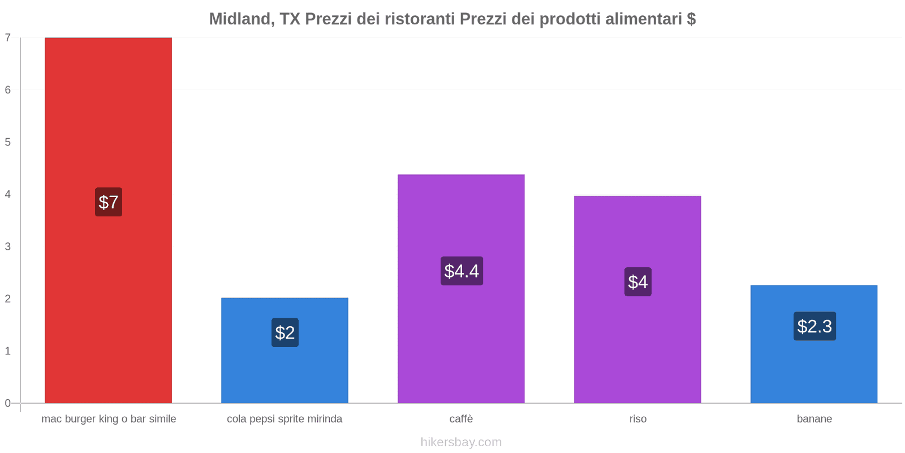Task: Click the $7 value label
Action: [109, 202]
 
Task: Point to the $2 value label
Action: [285, 332]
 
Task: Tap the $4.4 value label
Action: [462, 271]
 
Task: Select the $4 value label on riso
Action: [638, 282]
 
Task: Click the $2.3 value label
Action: [815, 326]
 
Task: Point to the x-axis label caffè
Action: [461, 419]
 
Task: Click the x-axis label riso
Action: [638, 419]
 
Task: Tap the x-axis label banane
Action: [815, 419]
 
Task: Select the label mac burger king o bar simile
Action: [109, 419]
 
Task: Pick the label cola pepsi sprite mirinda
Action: [285, 419]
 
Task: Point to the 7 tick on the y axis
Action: [8, 38]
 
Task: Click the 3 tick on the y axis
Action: [8, 247]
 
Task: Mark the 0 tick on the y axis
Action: [8, 403]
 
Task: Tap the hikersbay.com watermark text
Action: [461, 442]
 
